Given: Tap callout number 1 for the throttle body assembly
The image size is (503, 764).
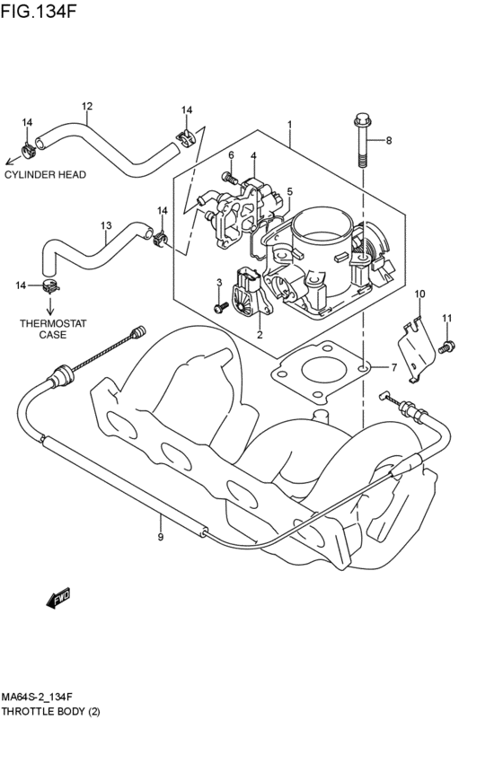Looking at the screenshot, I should click(289, 124).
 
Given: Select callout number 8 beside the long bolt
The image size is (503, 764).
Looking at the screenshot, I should click(389, 140).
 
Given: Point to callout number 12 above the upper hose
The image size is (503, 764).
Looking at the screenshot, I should click(87, 106).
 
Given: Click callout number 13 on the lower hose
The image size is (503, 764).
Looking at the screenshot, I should click(106, 225).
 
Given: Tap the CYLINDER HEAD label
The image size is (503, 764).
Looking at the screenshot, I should click(45, 175).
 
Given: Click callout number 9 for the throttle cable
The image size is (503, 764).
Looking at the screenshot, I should click(160, 538).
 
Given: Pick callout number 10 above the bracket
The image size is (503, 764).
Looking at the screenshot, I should click(419, 294).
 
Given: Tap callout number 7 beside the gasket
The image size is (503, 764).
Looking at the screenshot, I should click(393, 368).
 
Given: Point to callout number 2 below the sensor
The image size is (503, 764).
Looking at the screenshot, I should click(260, 335).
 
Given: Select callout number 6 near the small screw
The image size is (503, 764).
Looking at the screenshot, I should click(230, 154).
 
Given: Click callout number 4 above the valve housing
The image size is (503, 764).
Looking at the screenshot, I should click(253, 155).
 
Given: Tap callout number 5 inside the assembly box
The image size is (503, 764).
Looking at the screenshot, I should click(289, 191).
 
